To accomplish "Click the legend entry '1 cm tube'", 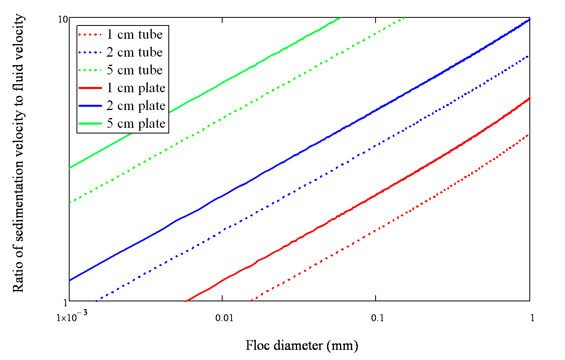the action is [x=134, y=34].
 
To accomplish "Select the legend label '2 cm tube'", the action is [x=134, y=52].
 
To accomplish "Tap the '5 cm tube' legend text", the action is [x=134, y=70].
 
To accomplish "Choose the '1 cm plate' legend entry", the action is [x=136, y=88].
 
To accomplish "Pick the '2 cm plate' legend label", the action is [x=136, y=106].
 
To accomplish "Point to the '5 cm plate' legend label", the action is [x=136, y=124].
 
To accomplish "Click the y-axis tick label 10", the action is [x=63, y=19].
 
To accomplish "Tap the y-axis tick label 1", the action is [x=66, y=302].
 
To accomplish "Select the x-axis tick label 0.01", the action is [x=224, y=318].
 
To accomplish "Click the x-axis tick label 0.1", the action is [x=378, y=318].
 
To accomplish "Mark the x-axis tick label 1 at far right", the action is [x=532, y=318].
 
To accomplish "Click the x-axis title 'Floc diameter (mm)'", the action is [x=302, y=345].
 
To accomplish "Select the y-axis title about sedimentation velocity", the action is [x=18, y=153].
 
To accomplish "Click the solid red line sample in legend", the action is [x=90, y=88].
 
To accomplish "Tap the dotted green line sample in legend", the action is [x=90, y=70].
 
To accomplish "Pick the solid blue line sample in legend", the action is [x=90, y=106].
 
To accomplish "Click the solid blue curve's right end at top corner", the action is [x=529, y=19].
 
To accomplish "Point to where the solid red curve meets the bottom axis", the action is [x=185, y=301].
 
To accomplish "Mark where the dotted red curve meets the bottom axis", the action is [x=251, y=301].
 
